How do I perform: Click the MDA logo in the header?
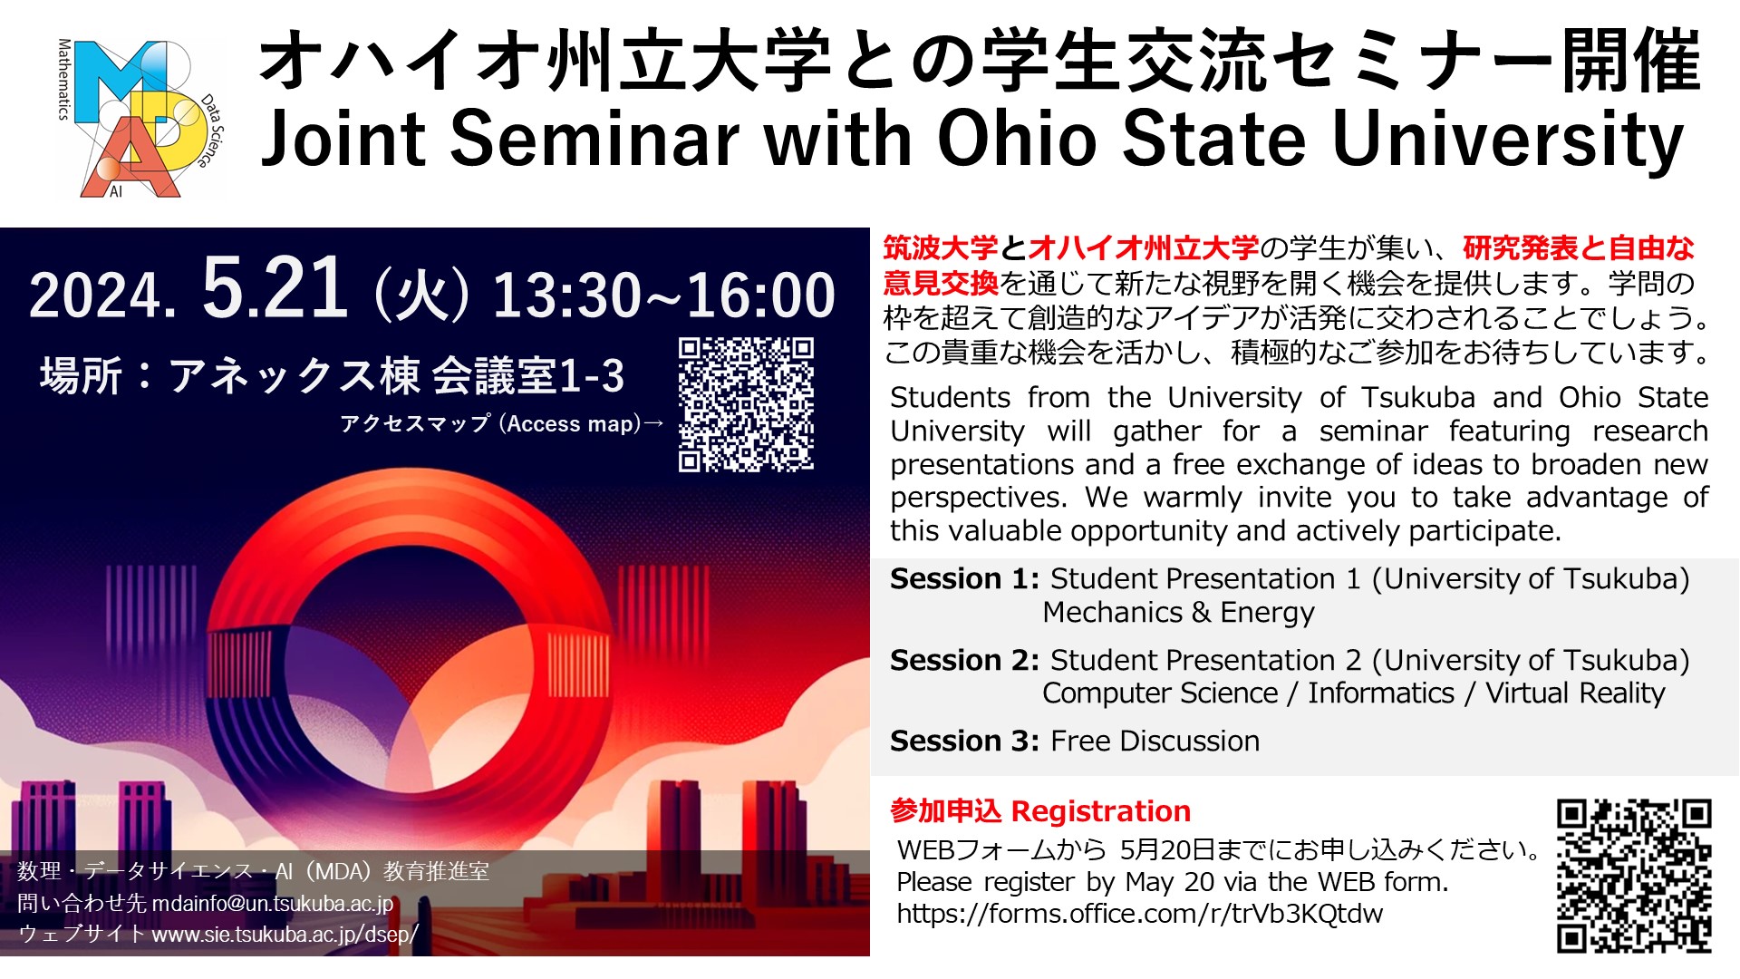[140, 119]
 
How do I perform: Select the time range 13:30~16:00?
[663, 295]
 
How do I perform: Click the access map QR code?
[746, 404]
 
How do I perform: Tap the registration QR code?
[1634, 876]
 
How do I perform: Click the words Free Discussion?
[1155, 741]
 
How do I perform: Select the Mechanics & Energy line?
[1178, 613]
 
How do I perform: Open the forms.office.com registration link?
[1140, 914]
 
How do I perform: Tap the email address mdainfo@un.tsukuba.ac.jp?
[273, 904]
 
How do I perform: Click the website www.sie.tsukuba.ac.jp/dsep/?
[285, 935]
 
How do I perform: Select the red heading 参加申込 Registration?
[1040, 811]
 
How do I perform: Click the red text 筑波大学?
[941, 247]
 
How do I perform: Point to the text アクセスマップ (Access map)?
[490, 423]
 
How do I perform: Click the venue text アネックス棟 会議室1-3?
[397, 376]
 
